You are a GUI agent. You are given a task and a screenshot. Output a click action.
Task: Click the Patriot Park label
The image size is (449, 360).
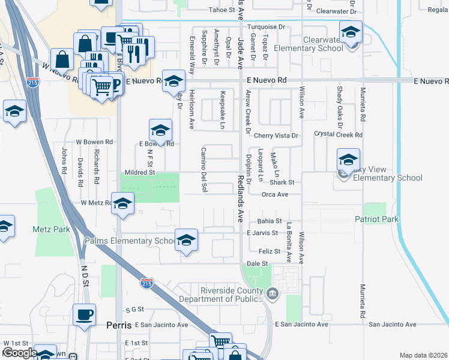tap(376, 220)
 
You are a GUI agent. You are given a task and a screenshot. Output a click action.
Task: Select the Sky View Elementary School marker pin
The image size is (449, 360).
tap(348, 160)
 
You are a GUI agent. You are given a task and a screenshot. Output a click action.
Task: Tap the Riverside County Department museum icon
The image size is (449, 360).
tap(273, 293)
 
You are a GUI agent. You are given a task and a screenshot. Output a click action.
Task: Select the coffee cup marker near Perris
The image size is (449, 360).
tap(84, 314)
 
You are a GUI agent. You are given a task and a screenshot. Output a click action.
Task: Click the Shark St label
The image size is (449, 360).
tap(282, 182)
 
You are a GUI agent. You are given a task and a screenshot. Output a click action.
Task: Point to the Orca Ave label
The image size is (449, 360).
tap(274, 194)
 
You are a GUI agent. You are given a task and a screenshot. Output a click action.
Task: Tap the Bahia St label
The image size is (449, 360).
tap(270, 221)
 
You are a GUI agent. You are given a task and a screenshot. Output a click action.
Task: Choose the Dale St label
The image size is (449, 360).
tap(257, 263)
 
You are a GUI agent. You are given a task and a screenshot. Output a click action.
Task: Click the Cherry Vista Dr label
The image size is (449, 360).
tap(276, 136)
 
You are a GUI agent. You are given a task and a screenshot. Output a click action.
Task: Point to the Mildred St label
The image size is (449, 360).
tap(140, 172)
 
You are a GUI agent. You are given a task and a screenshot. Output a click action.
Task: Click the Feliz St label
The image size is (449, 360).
tap(270, 251)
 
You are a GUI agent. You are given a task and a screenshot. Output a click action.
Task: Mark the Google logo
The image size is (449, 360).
tap(19, 353)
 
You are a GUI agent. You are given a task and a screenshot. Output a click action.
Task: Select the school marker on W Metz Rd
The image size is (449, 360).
tap(122, 203)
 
